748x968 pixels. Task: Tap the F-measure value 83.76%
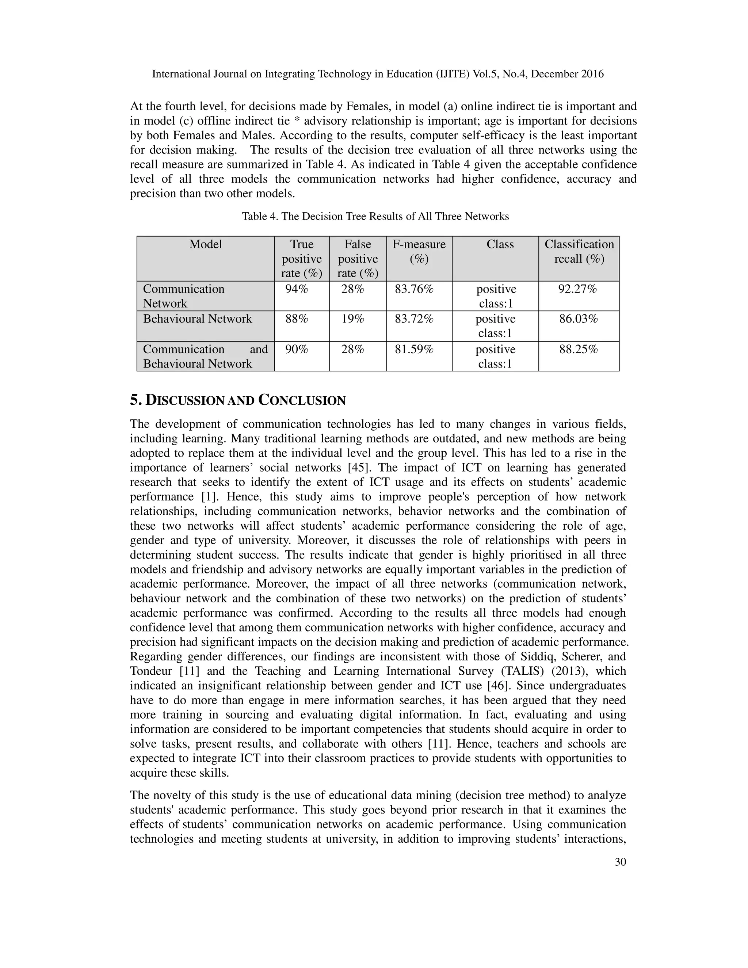[414, 289]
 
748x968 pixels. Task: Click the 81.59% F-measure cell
[414, 349]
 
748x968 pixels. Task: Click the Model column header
[206, 244]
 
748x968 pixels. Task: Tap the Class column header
[500, 244]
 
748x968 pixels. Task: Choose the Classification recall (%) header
[579, 251]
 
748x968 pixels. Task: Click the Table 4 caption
[375, 216]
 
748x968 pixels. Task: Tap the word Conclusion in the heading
[302, 400]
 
